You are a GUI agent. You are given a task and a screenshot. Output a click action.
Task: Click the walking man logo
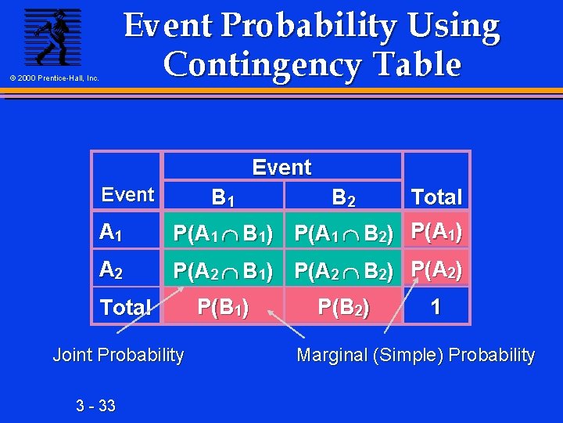(52, 37)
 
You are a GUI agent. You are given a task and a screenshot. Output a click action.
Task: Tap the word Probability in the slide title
(323, 27)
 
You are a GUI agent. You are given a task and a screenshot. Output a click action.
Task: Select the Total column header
(436, 197)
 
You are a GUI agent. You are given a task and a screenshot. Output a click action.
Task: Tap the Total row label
(125, 307)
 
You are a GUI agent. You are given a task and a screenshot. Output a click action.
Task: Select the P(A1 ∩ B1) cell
(223, 233)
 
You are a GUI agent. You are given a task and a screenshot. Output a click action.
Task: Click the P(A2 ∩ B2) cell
(344, 270)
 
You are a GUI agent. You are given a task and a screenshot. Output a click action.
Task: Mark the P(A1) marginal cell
(436, 232)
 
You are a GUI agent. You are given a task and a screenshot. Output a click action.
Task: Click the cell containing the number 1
(436, 306)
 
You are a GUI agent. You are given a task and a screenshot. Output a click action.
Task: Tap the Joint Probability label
(118, 355)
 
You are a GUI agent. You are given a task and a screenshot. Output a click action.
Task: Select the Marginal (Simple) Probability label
(415, 355)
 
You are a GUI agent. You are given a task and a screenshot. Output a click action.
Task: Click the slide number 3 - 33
(95, 405)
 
